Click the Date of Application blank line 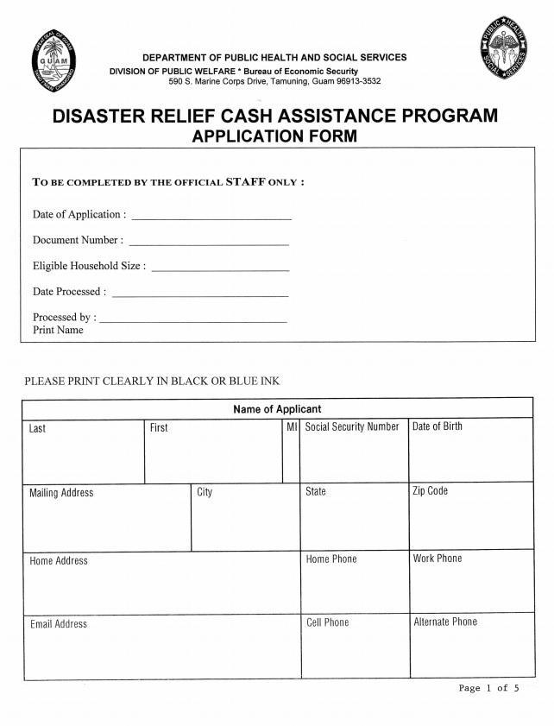(211, 218)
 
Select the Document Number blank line (208, 243)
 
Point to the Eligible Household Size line (219, 269)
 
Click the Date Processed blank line (199, 295)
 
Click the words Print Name (58, 331)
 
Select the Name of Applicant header (277, 409)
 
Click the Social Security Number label (352, 426)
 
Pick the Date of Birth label (438, 426)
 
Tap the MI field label (292, 426)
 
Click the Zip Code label (431, 491)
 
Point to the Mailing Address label (61, 493)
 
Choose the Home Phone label (331, 559)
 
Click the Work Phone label (438, 559)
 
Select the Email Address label (59, 624)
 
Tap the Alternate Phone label (445, 622)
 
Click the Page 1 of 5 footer (489, 688)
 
